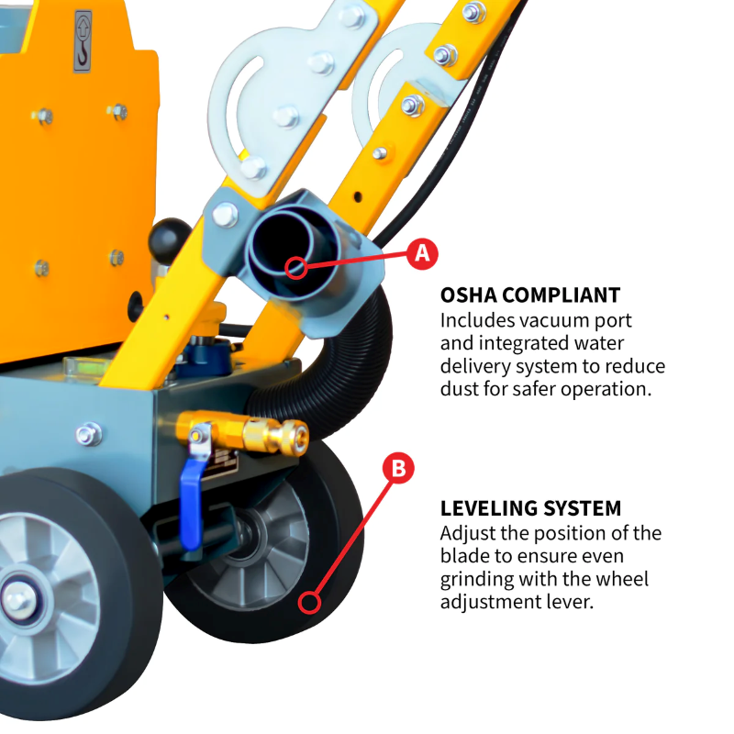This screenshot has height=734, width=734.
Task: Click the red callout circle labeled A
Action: coord(421,253)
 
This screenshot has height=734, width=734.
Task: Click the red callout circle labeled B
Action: coord(398,468)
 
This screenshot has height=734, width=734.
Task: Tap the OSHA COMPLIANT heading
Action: coord(530,295)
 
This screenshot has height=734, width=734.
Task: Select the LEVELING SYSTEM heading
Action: coord(530,508)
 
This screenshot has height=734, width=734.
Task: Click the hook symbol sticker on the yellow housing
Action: coord(83,41)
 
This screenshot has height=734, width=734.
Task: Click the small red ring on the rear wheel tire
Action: coord(310,603)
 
